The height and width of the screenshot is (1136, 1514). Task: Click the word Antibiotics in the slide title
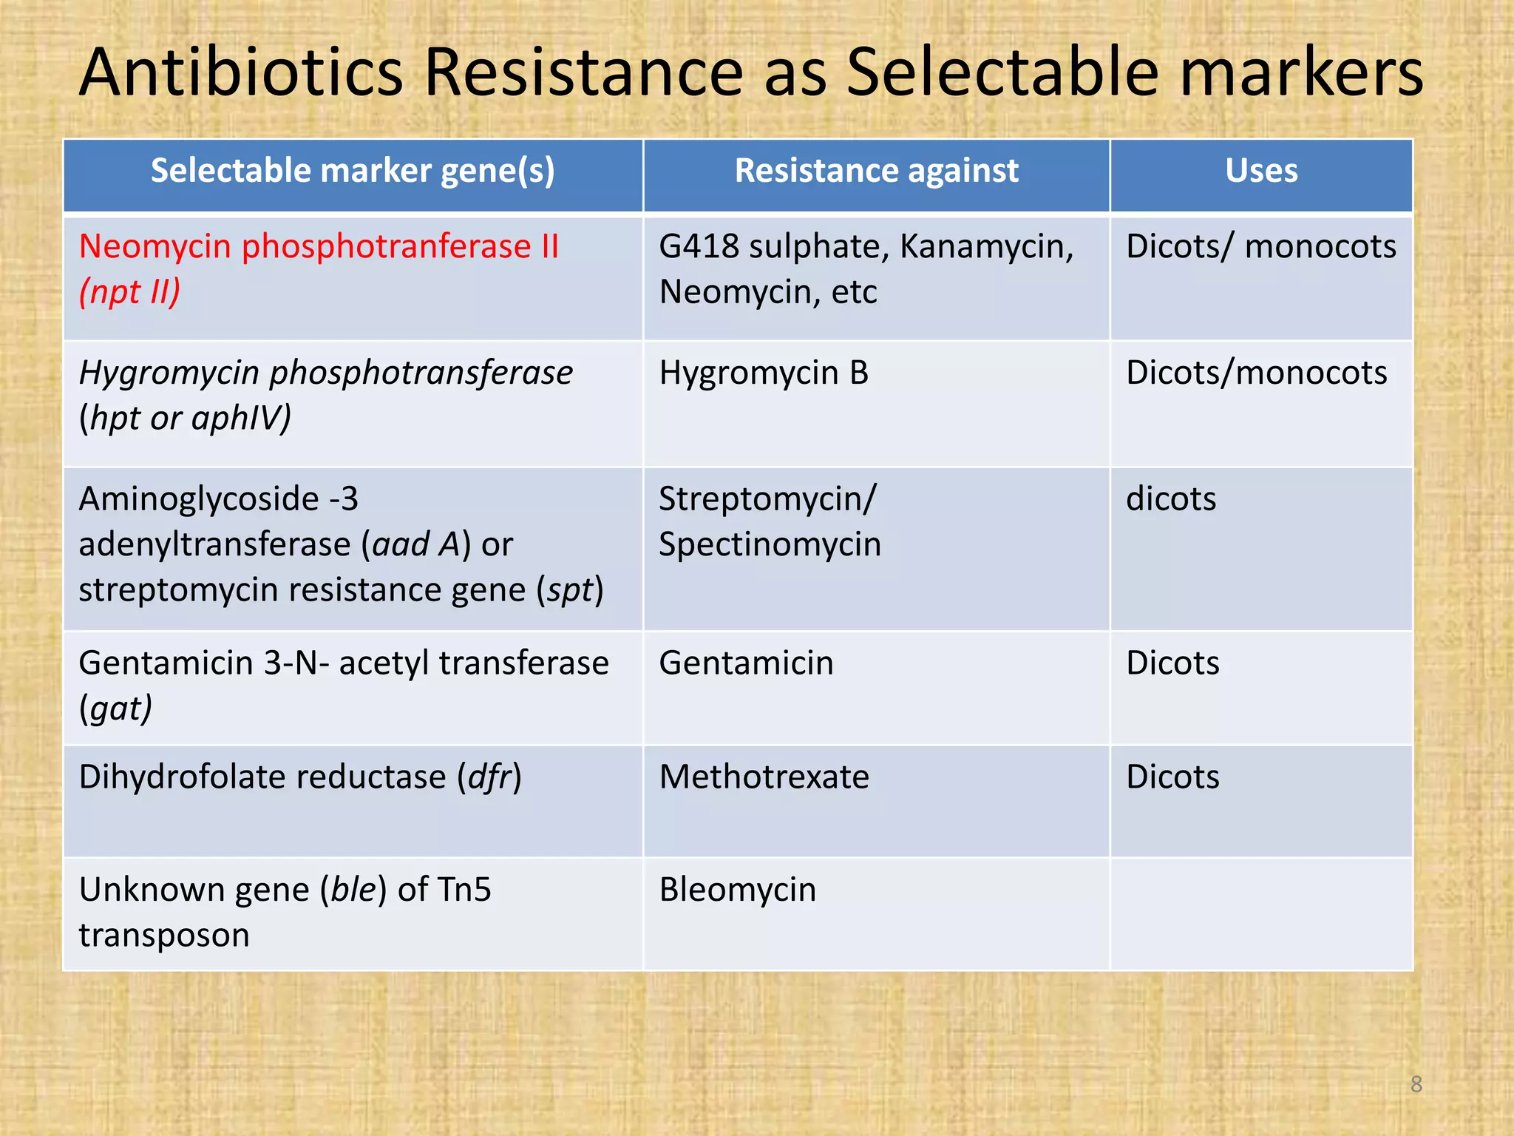pos(241,72)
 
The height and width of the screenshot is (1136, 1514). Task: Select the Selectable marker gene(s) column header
pos(353,171)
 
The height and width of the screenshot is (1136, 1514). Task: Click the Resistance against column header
pos(876,171)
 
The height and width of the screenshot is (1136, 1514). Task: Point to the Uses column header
pos(1261,171)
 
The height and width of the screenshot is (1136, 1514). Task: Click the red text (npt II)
pos(130,292)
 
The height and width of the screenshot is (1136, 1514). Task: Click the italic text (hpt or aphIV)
pos(186,419)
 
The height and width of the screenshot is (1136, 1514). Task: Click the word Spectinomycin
pos(770,545)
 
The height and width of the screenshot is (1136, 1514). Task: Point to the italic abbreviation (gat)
pos(116,709)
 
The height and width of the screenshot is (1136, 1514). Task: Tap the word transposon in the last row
pos(164,936)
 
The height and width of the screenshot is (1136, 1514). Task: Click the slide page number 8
pos(1416,1084)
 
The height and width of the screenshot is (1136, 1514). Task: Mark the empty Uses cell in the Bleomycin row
pos(1261,913)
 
